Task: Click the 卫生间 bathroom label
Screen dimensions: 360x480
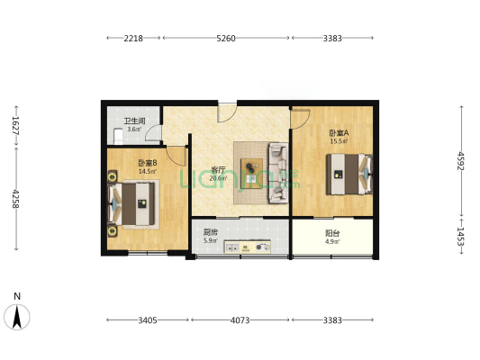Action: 133,121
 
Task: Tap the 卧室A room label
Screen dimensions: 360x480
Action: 339,132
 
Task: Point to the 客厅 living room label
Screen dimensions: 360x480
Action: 217,169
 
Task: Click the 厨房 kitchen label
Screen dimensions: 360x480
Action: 209,231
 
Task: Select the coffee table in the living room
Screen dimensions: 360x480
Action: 253,169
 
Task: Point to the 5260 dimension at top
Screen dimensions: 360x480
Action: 226,38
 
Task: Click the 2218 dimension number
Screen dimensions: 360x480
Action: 133,38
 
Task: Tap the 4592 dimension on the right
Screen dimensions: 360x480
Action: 460,160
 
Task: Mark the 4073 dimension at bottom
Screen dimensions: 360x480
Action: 240,319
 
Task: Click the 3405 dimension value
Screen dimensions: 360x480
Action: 148,319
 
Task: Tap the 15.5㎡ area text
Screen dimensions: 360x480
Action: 339,141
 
